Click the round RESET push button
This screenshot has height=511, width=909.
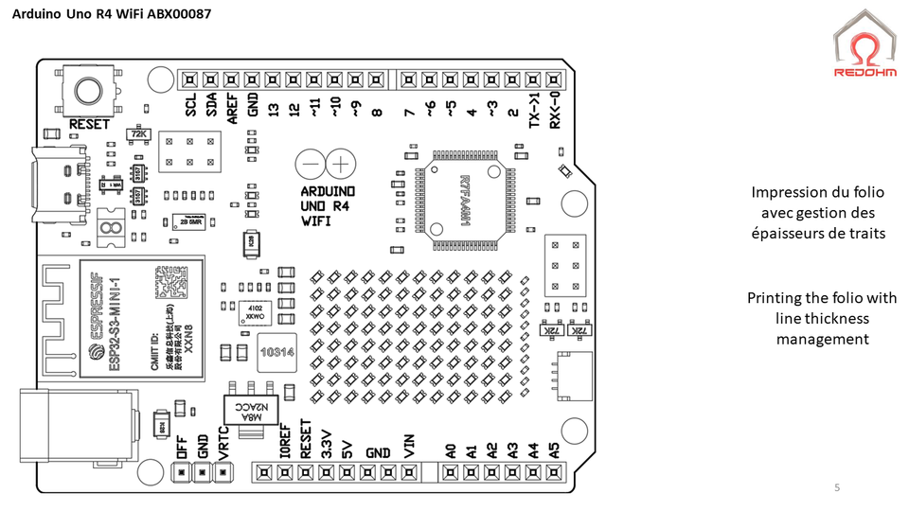tap(87, 90)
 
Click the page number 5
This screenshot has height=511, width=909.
tap(836, 487)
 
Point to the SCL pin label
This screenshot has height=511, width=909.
tap(190, 105)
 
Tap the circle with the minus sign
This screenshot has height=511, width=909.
tap(310, 165)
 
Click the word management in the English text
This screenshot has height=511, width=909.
tap(822, 338)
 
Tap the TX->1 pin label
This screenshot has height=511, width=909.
tap(534, 111)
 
